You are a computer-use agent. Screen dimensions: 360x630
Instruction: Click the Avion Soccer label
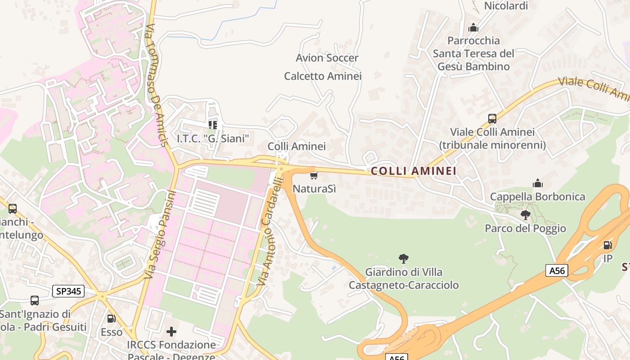pyautogui.click(x=327, y=58)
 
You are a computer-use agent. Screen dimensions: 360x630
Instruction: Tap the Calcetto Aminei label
pyautogui.click(x=323, y=76)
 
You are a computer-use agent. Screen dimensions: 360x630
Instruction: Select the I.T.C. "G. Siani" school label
pyautogui.click(x=213, y=138)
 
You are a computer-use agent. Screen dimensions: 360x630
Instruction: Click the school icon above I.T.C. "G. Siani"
pyautogui.click(x=213, y=125)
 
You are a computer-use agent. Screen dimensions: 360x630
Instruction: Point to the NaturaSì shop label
pyautogui.click(x=314, y=189)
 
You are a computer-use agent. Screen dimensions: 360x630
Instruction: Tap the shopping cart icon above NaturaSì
pyautogui.click(x=314, y=175)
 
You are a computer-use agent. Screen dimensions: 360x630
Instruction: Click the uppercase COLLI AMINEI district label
pyautogui.click(x=413, y=171)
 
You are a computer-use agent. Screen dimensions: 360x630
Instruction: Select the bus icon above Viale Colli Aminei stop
pyautogui.click(x=492, y=119)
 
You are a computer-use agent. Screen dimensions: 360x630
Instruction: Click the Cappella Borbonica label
pyautogui.click(x=537, y=197)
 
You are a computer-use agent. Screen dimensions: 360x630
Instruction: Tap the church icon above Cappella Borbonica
pyautogui.click(x=537, y=183)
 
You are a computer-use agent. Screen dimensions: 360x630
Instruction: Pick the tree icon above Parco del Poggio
pyautogui.click(x=525, y=215)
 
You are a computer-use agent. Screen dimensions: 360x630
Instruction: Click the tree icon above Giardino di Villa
pyautogui.click(x=404, y=258)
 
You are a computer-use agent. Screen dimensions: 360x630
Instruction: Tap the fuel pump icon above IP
pyautogui.click(x=607, y=245)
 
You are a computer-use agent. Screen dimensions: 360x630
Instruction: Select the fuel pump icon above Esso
pyautogui.click(x=111, y=319)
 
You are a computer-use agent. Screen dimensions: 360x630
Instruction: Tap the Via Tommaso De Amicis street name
pyautogui.click(x=157, y=85)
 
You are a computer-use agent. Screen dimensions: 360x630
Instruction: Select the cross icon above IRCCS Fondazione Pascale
pyautogui.click(x=171, y=332)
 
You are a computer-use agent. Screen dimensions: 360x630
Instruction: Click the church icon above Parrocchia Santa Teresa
pyautogui.click(x=473, y=27)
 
